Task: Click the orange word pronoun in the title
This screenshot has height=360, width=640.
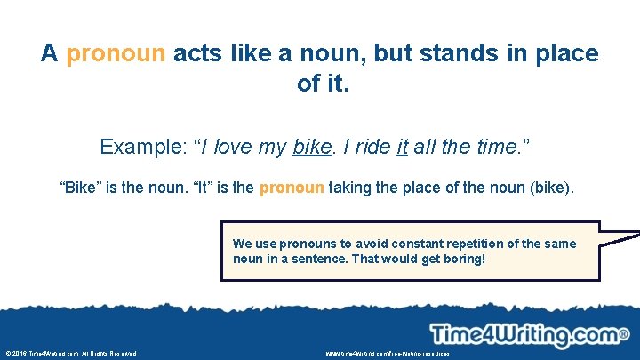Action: pos(116,53)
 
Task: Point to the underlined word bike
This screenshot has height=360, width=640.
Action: pos(311,147)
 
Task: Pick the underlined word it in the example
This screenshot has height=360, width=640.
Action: pos(402,147)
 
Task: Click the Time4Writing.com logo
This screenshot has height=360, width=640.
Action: pos(529,334)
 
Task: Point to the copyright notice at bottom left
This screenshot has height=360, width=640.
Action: pos(71,354)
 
